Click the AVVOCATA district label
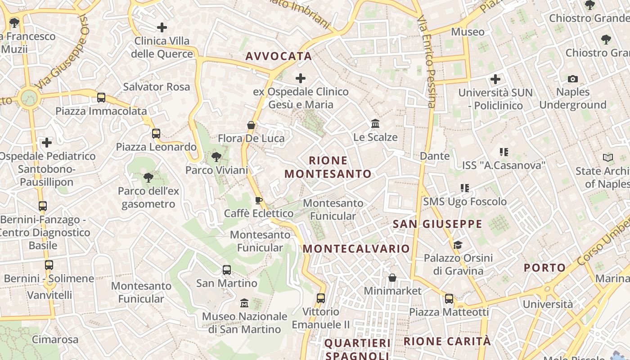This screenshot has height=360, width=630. [x=279, y=56]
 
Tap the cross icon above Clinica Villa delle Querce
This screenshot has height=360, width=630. [x=162, y=27]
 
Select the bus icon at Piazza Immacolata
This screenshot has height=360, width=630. [x=101, y=98]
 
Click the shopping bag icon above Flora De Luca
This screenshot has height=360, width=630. [x=251, y=125]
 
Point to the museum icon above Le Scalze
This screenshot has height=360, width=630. [x=375, y=123]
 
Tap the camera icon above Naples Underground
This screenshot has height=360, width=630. [x=572, y=79]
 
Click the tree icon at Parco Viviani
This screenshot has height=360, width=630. [x=216, y=157]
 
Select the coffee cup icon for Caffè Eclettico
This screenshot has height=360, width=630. [x=258, y=200]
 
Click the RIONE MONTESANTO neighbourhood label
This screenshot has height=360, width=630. [x=328, y=167]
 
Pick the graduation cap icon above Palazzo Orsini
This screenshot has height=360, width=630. [x=458, y=245]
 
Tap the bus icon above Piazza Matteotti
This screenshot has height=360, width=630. [x=449, y=299]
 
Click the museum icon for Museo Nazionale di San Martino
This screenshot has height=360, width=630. [x=244, y=303]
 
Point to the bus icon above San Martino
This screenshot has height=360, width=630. [x=227, y=270]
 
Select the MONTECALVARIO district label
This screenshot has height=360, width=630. [x=356, y=249]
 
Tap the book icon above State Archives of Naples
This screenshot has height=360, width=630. [x=607, y=158]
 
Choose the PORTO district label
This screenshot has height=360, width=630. [x=544, y=268]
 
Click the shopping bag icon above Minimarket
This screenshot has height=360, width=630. [x=392, y=278]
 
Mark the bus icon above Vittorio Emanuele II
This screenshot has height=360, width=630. [x=320, y=298]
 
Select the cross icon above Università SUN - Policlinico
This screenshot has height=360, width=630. [x=495, y=80]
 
